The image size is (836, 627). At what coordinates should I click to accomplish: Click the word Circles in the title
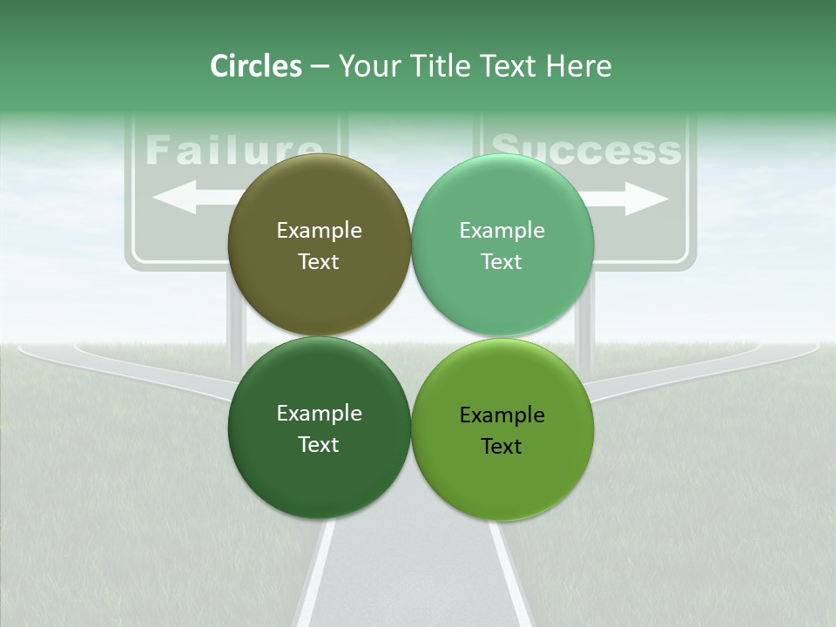[256, 66]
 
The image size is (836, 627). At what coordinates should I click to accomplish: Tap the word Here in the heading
[578, 66]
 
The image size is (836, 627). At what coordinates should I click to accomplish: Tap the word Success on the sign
[585, 150]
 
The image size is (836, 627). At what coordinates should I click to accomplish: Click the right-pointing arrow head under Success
[653, 199]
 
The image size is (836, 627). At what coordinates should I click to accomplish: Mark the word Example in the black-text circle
[502, 415]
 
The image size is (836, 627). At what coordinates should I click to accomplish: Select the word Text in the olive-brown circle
[319, 262]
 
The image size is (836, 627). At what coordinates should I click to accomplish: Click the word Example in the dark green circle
[319, 414]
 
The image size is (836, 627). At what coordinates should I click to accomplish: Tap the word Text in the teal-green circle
[502, 262]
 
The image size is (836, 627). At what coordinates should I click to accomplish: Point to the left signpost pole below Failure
[236, 322]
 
